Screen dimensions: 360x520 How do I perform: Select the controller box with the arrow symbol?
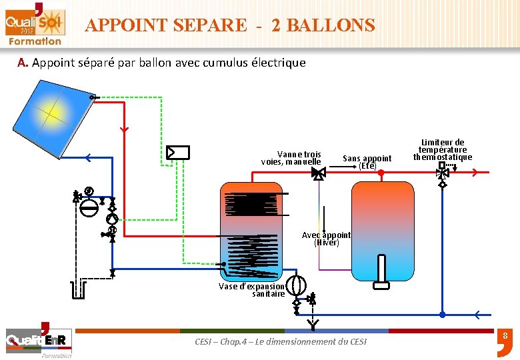(x=178, y=152)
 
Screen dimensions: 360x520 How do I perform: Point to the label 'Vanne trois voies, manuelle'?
(x=291, y=158)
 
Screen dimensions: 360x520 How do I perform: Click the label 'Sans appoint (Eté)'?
(x=367, y=162)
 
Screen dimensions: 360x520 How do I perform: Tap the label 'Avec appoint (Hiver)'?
(x=326, y=239)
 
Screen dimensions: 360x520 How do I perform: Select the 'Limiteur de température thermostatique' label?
(x=442, y=150)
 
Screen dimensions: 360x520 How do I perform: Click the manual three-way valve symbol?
(x=319, y=173)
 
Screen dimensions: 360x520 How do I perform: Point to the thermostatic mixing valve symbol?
(x=442, y=172)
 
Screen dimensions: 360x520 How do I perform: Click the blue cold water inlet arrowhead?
(x=477, y=312)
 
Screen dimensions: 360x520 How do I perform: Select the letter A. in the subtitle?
(x=23, y=63)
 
